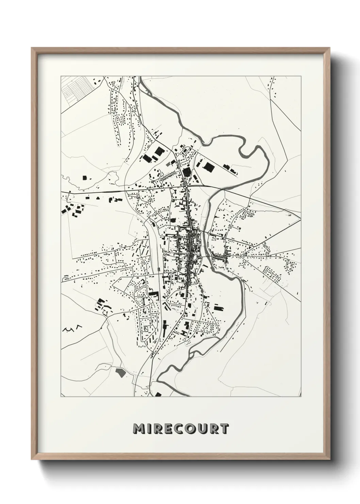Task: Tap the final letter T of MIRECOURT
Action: (224, 429)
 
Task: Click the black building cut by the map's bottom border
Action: (158, 395)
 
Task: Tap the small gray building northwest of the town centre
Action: (167, 164)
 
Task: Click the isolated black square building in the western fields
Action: (84, 177)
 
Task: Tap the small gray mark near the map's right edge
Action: (290, 215)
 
